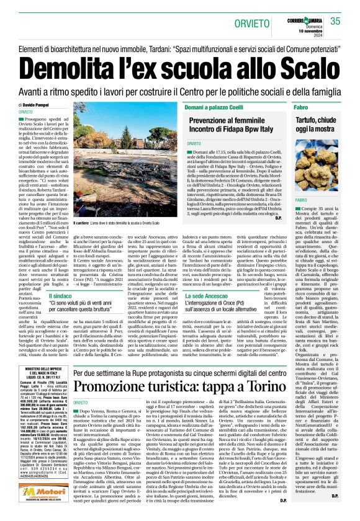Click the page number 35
point(336,21)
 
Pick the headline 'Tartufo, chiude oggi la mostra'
point(325,128)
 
